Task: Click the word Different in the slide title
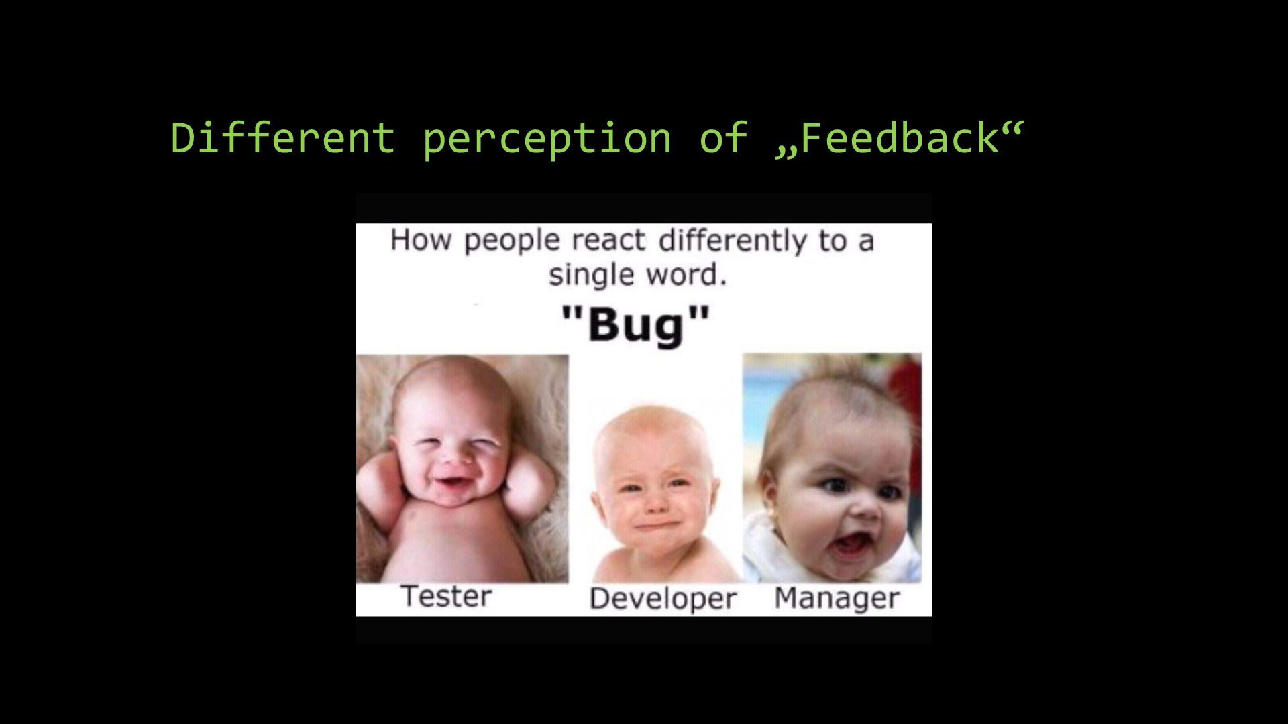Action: click(283, 137)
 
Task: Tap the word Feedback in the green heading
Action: click(899, 137)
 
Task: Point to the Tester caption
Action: click(446, 596)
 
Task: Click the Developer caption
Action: click(663, 599)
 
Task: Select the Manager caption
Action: click(837, 598)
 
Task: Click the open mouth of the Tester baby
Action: click(449, 483)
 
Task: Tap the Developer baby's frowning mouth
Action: click(653, 524)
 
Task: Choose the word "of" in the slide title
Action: click(723, 137)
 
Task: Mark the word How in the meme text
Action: click(420, 239)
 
